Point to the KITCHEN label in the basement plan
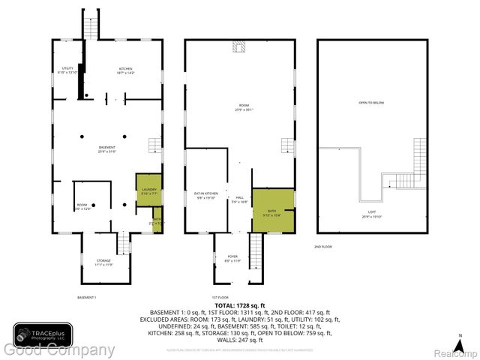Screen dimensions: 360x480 pyautogui.click(x=125, y=70)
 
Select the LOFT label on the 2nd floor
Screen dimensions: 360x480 pyautogui.click(x=372, y=214)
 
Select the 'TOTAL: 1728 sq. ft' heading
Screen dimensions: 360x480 pyautogui.click(x=239, y=305)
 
